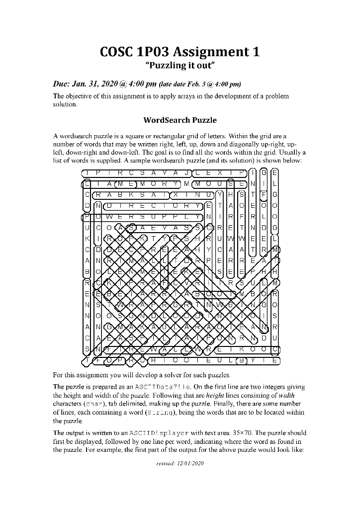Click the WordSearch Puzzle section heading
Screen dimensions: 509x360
(180, 120)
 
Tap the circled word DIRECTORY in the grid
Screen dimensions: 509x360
(152, 204)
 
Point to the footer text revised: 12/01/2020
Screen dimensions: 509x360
(180, 463)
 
